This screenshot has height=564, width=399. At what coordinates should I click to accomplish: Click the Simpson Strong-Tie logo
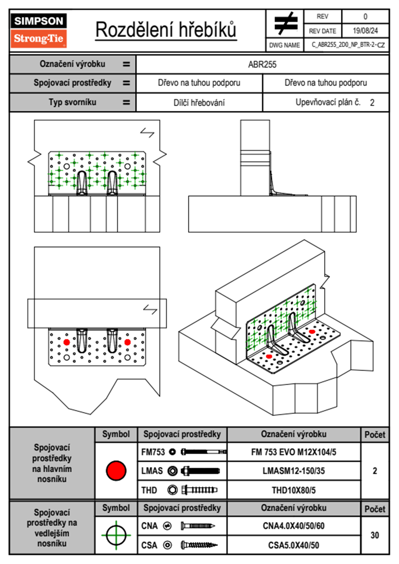click(x=38, y=30)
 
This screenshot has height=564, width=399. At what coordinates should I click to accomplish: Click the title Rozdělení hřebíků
click(x=166, y=30)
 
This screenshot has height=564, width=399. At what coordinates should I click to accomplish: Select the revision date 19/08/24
click(x=365, y=31)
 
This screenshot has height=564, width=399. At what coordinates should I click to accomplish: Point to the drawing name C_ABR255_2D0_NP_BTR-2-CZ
click(x=348, y=45)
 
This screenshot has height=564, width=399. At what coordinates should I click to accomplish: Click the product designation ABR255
click(x=262, y=65)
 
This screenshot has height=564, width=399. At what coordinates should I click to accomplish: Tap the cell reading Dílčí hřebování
click(x=199, y=103)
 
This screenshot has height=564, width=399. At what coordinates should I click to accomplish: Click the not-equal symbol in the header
click(x=285, y=23)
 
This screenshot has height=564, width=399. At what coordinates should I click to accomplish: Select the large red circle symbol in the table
click(x=116, y=470)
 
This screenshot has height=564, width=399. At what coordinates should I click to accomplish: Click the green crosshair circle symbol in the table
click(x=116, y=535)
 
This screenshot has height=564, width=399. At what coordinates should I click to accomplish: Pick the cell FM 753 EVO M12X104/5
click(x=293, y=452)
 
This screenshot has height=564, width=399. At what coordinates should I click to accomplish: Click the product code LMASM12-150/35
click(x=293, y=471)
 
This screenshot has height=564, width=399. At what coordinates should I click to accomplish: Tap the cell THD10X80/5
click(x=293, y=490)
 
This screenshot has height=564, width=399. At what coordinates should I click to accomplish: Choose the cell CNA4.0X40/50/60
click(x=293, y=526)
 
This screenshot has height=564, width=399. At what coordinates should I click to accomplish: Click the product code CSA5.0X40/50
click(x=293, y=545)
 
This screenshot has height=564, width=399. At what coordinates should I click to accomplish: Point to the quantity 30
click(x=375, y=535)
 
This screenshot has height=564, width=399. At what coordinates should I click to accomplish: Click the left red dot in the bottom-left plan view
click(x=66, y=342)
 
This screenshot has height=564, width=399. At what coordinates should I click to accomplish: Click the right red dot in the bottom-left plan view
click(x=127, y=342)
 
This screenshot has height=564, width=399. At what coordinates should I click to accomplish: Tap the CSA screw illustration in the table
click(x=199, y=545)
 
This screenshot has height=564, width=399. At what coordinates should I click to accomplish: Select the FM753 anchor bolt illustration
click(x=204, y=452)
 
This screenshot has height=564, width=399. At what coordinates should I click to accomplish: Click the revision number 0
click(x=365, y=16)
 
